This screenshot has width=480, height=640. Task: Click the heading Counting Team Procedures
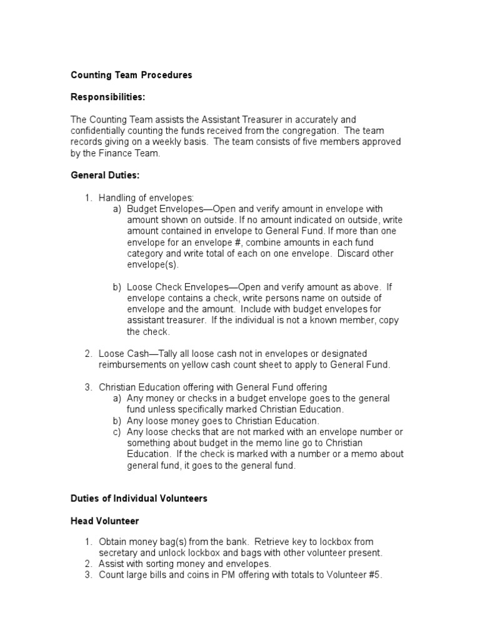coord(131,75)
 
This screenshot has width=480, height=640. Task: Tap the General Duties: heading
coord(104,176)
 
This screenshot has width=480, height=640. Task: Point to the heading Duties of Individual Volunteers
coord(139,499)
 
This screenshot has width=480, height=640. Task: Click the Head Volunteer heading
coord(104,521)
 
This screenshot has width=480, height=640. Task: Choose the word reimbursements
coord(130,365)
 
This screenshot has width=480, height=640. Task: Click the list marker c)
coord(117,432)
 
